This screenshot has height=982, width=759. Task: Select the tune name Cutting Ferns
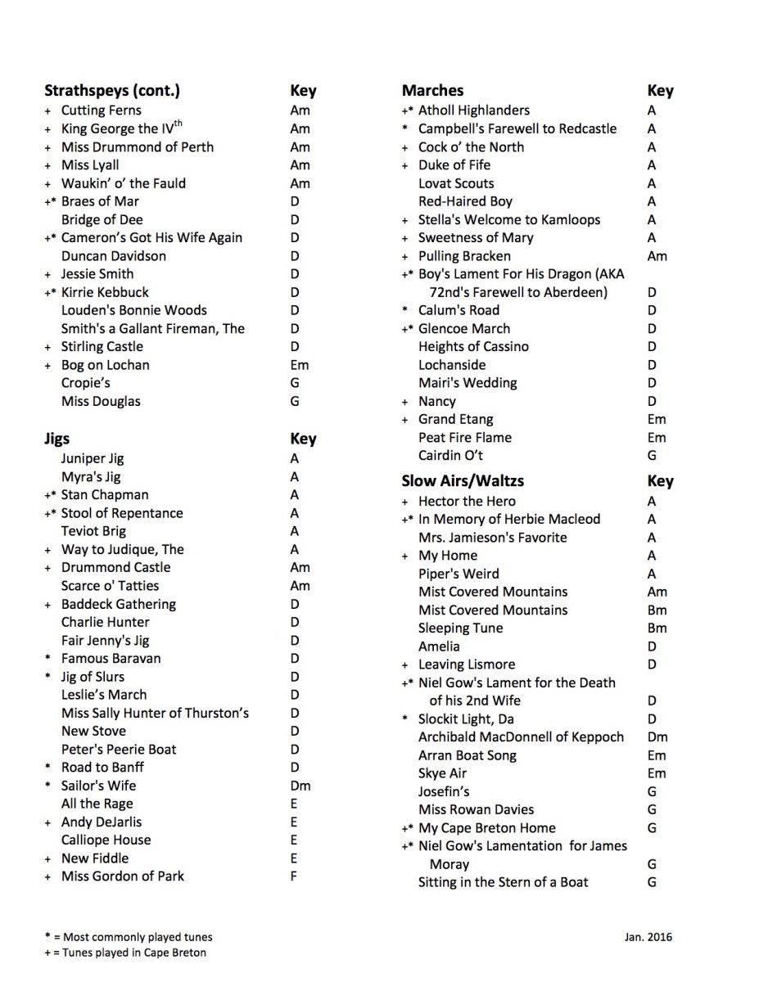[102, 110]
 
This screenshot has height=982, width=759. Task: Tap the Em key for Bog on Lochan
[300, 365]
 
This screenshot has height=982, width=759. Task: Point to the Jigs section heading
[57, 439]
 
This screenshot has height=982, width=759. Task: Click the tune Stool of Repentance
[122, 513]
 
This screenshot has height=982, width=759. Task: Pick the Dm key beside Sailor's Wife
[300, 786]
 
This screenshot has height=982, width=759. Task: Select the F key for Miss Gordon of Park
[294, 876]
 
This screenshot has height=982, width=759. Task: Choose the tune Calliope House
[106, 840]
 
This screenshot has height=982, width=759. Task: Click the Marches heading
[432, 91]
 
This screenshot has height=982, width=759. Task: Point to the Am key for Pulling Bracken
[657, 256]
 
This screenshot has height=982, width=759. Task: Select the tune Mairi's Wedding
[468, 383]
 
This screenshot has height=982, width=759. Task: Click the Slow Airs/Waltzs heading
[463, 481]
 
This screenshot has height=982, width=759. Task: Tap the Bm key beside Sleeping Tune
[657, 628]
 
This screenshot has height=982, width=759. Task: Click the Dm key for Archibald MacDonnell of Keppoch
[657, 737]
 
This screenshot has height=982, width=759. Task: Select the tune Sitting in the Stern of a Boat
[503, 882]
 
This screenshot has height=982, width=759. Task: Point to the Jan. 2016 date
[648, 937]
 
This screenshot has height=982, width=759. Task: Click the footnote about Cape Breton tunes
[124, 953]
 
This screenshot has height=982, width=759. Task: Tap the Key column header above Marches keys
[660, 91]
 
